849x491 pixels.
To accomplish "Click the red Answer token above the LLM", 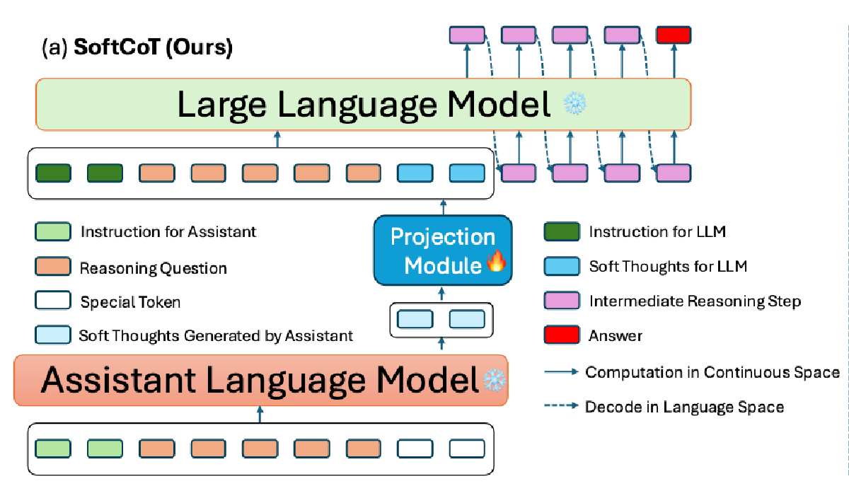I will pyautogui.click(x=674, y=35).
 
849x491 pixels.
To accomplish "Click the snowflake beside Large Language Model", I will pyautogui.click(x=572, y=105).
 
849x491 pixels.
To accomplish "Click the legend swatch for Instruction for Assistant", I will pyautogui.click(x=52, y=231).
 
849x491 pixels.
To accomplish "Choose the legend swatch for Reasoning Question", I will pyautogui.click(x=52, y=267).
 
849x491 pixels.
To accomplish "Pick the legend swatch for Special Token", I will pyautogui.click(x=52, y=302).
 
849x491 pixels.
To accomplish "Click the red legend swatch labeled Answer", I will pyautogui.click(x=561, y=335).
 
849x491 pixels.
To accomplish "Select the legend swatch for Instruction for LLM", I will pyautogui.click(x=561, y=231).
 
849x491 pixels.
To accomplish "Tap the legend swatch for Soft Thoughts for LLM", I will pyautogui.click(x=561, y=266).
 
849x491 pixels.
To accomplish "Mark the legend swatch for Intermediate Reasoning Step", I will pyautogui.click(x=561, y=301).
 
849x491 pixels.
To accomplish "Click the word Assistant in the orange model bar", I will pyautogui.click(x=117, y=381).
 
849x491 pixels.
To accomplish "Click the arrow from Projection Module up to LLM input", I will pyautogui.click(x=444, y=207).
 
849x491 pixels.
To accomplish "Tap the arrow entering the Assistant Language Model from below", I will pyautogui.click(x=260, y=415).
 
